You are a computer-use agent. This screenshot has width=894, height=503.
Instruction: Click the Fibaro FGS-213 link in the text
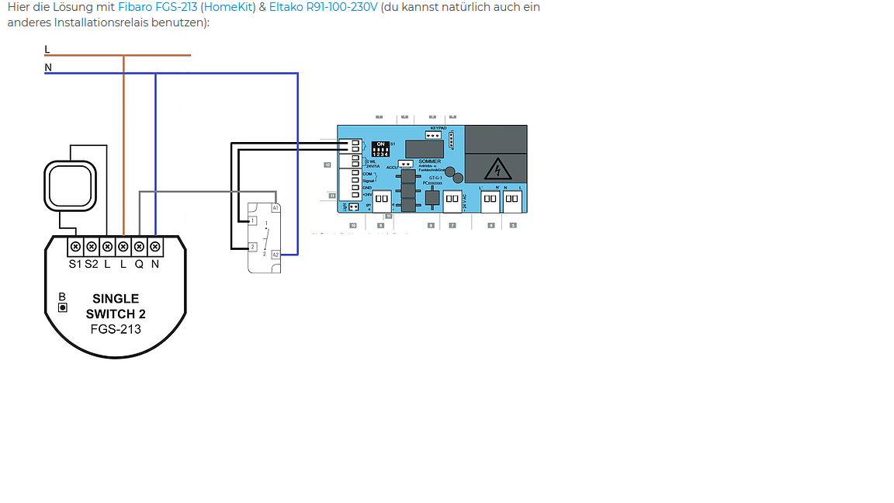(158, 7)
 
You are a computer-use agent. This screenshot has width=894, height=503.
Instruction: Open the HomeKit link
(228, 7)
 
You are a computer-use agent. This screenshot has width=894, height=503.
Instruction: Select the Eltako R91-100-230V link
(324, 7)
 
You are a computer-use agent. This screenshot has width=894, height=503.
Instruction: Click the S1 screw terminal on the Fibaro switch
(75, 247)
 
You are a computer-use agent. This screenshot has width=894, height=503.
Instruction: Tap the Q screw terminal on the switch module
(139, 247)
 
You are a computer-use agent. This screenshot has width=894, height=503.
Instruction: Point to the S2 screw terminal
(91, 247)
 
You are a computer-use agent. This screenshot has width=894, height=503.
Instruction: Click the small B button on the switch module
(63, 307)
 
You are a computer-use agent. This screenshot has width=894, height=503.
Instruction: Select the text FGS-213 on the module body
(116, 329)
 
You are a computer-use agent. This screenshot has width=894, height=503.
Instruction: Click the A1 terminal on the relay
(275, 208)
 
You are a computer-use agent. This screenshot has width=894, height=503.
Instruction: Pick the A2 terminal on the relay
(275, 254)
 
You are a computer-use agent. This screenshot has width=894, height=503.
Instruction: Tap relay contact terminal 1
(251, 221)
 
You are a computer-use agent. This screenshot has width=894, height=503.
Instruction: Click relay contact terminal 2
(251, 247)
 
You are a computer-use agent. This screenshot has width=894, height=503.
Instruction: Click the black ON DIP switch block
(381, 149)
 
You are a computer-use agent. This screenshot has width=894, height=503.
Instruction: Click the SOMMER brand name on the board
(429, 161)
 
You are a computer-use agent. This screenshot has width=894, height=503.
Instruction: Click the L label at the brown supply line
(47, 49)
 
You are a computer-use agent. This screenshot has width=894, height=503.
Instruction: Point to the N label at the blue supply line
(48, 68)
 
